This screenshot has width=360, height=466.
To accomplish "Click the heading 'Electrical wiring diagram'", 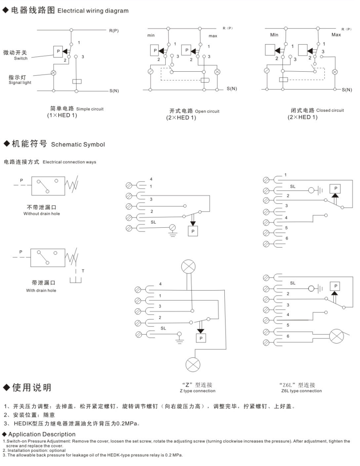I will [x=93, y=11].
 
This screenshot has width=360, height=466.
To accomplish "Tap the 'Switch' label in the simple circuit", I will [x=21, y=58].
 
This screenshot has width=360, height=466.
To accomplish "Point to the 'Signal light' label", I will [x=19, y=82].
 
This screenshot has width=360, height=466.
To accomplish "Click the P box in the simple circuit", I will [x=58, y=51].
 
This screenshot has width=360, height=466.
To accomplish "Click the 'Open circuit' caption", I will [x=207, y=111].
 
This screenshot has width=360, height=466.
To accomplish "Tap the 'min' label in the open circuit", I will [x=151, y=36].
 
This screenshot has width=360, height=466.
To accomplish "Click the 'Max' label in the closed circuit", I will [x=336, y=35].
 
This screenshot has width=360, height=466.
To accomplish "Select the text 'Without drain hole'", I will [x=42, y=214].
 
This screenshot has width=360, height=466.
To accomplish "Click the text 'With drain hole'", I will [x=41, y=291].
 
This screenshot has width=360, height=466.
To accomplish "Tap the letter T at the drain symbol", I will [x=83, y=271].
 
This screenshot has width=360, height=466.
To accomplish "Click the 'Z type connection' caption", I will [x=198, y=391].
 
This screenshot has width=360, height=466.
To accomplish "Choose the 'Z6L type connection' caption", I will [x=301, y=391].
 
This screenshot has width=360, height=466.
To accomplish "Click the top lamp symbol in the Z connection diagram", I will [x=187, y=267].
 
